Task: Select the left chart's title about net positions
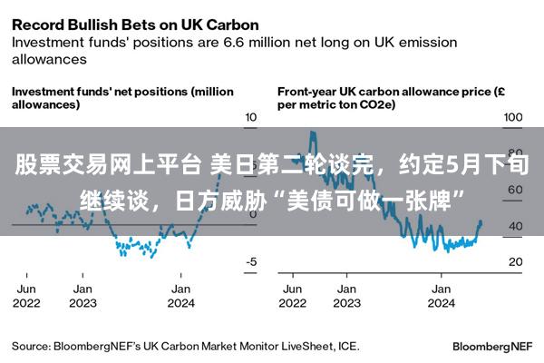[x=121, y=98]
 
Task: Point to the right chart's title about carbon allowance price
[x=390, y=98]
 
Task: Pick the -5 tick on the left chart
[x=251, y=261]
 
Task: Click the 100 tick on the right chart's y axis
[x=514, y=118]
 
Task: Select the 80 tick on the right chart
[x=514, y=154]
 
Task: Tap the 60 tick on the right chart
[x=514, y=191]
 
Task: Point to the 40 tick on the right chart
[x=514, y=226]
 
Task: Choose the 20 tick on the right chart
[x=514, y=261]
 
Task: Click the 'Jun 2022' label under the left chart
[x=26, y=296]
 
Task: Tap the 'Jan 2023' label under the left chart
[x=83, y=296]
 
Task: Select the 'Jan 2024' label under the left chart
[x=181, y=296]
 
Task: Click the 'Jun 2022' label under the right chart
[x=293, y=296]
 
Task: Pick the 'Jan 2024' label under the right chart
[x=442, y=296]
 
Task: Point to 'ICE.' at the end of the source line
[x=347, y=346]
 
